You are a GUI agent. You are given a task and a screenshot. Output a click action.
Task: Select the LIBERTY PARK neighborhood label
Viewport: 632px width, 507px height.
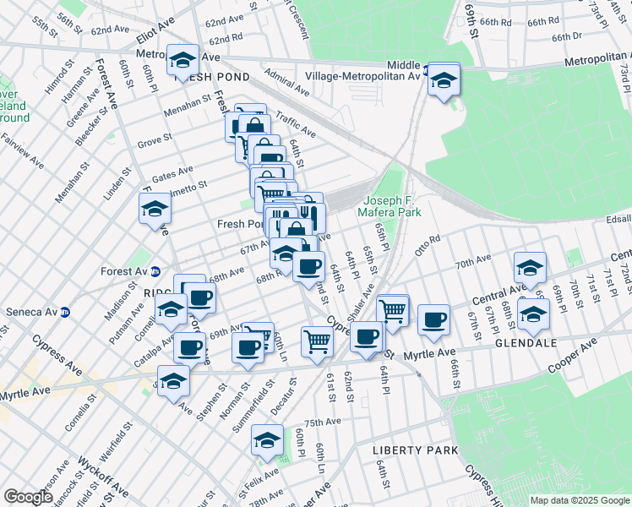404,450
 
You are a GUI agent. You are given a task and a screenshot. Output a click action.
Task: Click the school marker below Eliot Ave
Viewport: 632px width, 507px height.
183,62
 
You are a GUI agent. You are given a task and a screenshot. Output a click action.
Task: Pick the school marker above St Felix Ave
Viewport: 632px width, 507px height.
268,441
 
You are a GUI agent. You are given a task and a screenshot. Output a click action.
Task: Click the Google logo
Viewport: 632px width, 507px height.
28,497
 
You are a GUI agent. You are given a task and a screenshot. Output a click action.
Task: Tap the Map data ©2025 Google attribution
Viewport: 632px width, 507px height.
580,500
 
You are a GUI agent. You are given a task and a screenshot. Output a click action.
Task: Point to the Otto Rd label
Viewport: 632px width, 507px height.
428,244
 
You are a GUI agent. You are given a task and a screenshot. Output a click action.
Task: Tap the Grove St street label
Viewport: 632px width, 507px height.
155,136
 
